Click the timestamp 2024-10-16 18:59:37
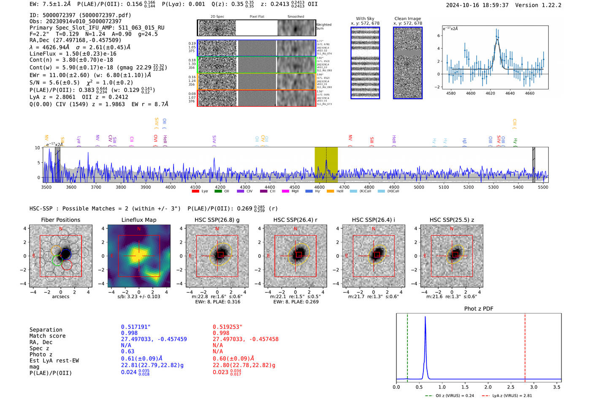click(x=477, y=5)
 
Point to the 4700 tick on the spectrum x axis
click(x=344, y=187)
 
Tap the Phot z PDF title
click(x=479, y=309)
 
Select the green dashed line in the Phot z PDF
click(x=407, y=346)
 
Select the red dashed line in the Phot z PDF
click(x=525, y=346)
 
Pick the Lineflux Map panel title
click(x=139, y=220)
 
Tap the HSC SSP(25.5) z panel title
click(x=452, y=220)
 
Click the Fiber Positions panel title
click(x=60, y=220)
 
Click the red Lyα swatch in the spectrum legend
click(x=195, y=192)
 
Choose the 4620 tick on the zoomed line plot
click(x=490, y=93)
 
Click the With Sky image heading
click(x=365, y=19)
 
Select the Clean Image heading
click(x=407, y=19)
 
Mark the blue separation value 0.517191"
click(x=136, y=327)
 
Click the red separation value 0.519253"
click(x=228, y=327)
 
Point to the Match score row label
click(x=47, y=336)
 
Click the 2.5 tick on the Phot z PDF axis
click(x=511, y=387)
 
